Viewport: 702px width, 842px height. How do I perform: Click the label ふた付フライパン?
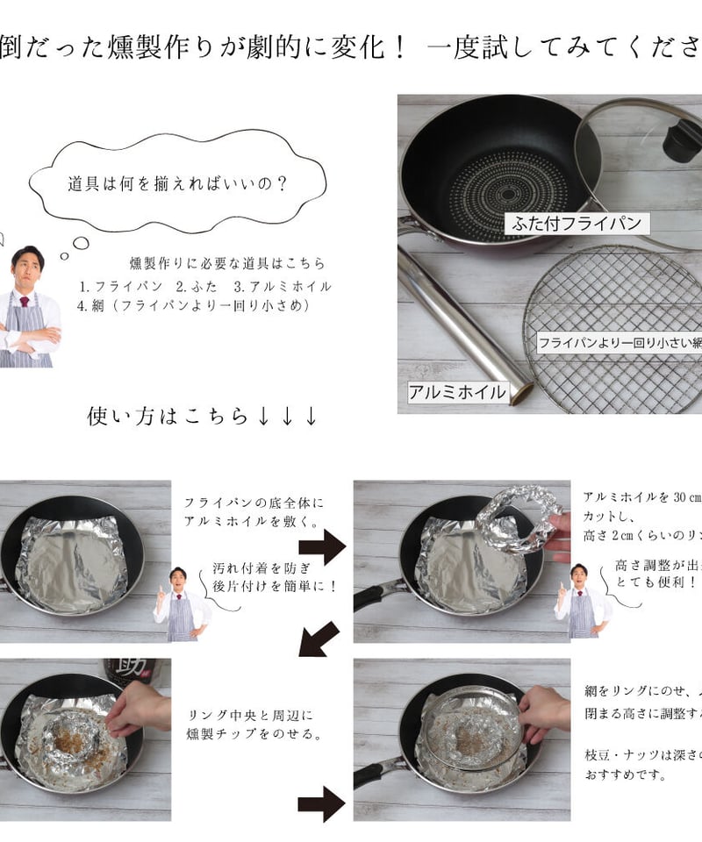tap(578, 223)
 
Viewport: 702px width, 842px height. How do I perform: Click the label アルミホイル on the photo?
tap(458, 392)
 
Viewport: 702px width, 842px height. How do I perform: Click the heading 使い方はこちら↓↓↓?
tap(202, 416)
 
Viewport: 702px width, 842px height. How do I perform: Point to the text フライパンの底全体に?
tap(254, 503)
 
